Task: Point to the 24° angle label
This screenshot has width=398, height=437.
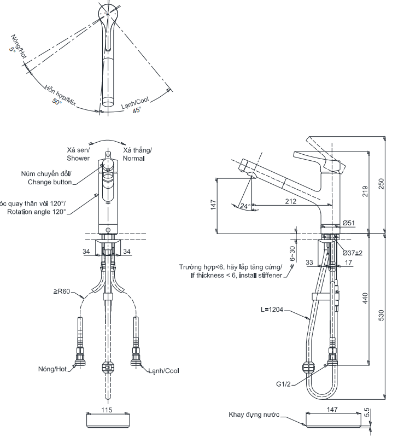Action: (245, 206)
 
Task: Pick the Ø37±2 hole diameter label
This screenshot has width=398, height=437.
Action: (353, 253)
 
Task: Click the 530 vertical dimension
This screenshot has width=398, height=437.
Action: (387, 317)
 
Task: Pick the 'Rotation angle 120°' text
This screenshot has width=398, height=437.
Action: (37, 211)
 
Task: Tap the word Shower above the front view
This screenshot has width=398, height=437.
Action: (79, 159)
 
